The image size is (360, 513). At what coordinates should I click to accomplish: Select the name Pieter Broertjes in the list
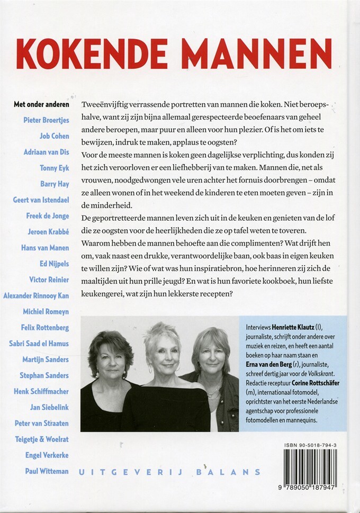[x=46, y=120]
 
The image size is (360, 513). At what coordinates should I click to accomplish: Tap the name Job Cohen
[x=55, y=136]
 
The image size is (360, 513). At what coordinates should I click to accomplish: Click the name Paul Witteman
[x=47, y=471]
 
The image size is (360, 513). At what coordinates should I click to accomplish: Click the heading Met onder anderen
[x=41, y=104]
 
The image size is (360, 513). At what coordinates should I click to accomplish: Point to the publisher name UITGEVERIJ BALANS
[x=169, y=472]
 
